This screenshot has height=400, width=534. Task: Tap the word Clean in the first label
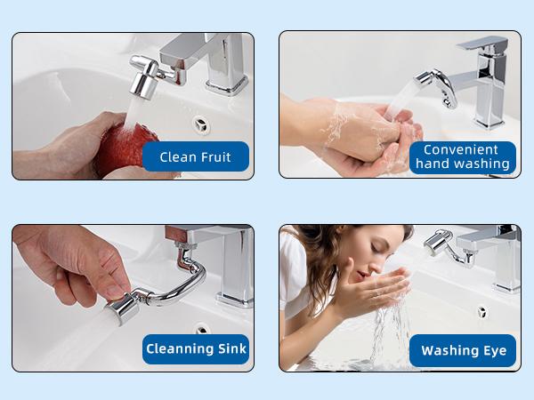click(177, 157)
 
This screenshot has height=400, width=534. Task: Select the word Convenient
click(462, 149)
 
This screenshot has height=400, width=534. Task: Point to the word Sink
click(231, 349)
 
